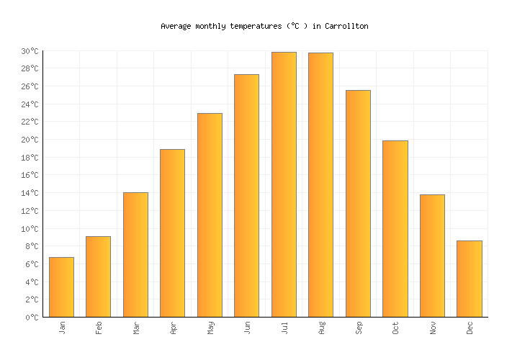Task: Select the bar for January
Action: (x=61, y=287)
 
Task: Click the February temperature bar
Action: (x=98, y=276)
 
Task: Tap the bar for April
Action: (x=172, y=233)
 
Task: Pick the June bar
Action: (x=246, y=195)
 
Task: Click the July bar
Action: (x=284, y=184)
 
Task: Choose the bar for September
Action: (x=358, y=203)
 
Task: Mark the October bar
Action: (x=395, y=228)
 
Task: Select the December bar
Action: (x=469, y=279)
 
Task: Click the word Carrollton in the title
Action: (x=346, y=26)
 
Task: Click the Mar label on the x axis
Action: (x=135, y=328)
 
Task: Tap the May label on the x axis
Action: (x=210, y=328)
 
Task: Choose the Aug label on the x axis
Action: (x=321, y=328)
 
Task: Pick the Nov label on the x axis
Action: (x=432, y=328)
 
